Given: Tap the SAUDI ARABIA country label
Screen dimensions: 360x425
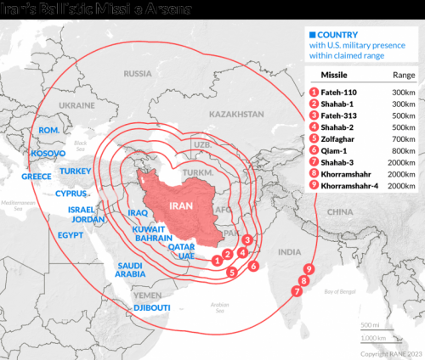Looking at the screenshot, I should tap(130, 269).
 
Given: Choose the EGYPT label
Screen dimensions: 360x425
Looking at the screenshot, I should tap(71, 233).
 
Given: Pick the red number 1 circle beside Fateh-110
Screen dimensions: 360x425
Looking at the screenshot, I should tap(314, 90).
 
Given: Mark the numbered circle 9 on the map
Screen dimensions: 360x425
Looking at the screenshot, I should tap(309, 269).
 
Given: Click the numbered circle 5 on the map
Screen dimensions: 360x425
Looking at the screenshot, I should tap(231, 272).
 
